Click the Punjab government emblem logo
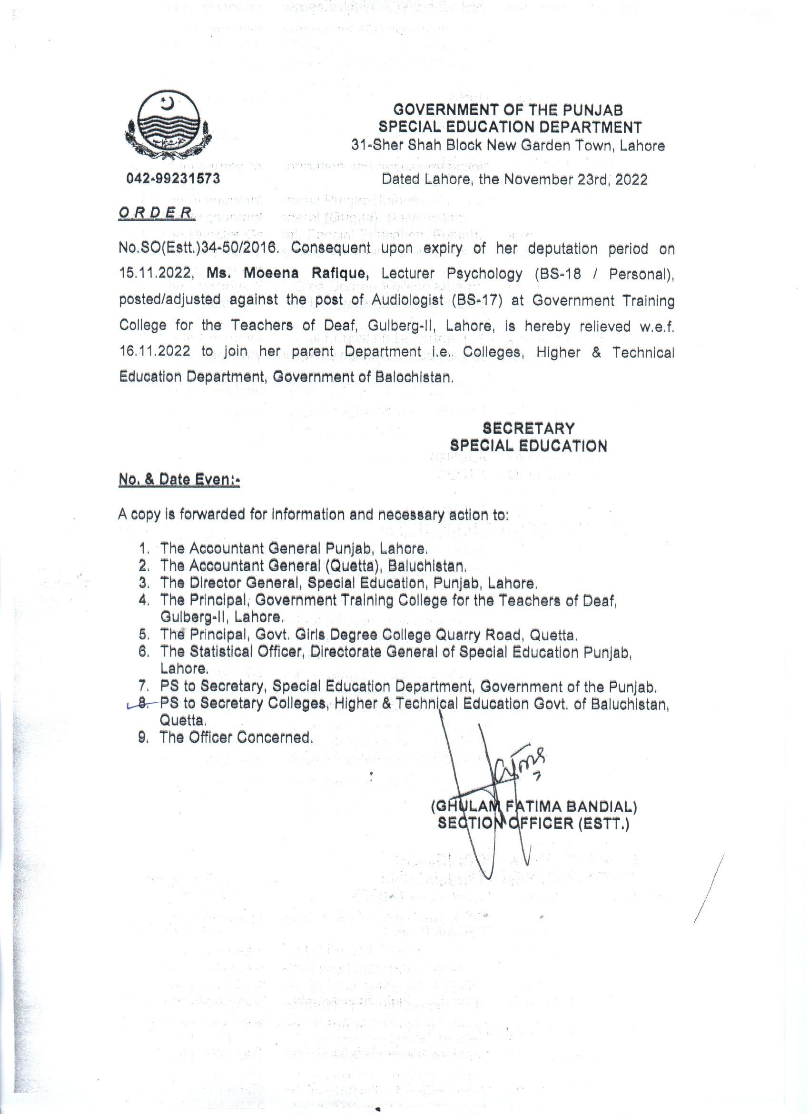point(168,127)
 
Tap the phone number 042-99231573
point(173,179)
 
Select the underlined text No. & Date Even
point(178,479)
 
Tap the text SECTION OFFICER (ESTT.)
point(533,823)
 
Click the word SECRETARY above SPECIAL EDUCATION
point(528,428)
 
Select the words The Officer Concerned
point(236,737)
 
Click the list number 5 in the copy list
point(143,635)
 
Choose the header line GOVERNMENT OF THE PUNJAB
point(509,109)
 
